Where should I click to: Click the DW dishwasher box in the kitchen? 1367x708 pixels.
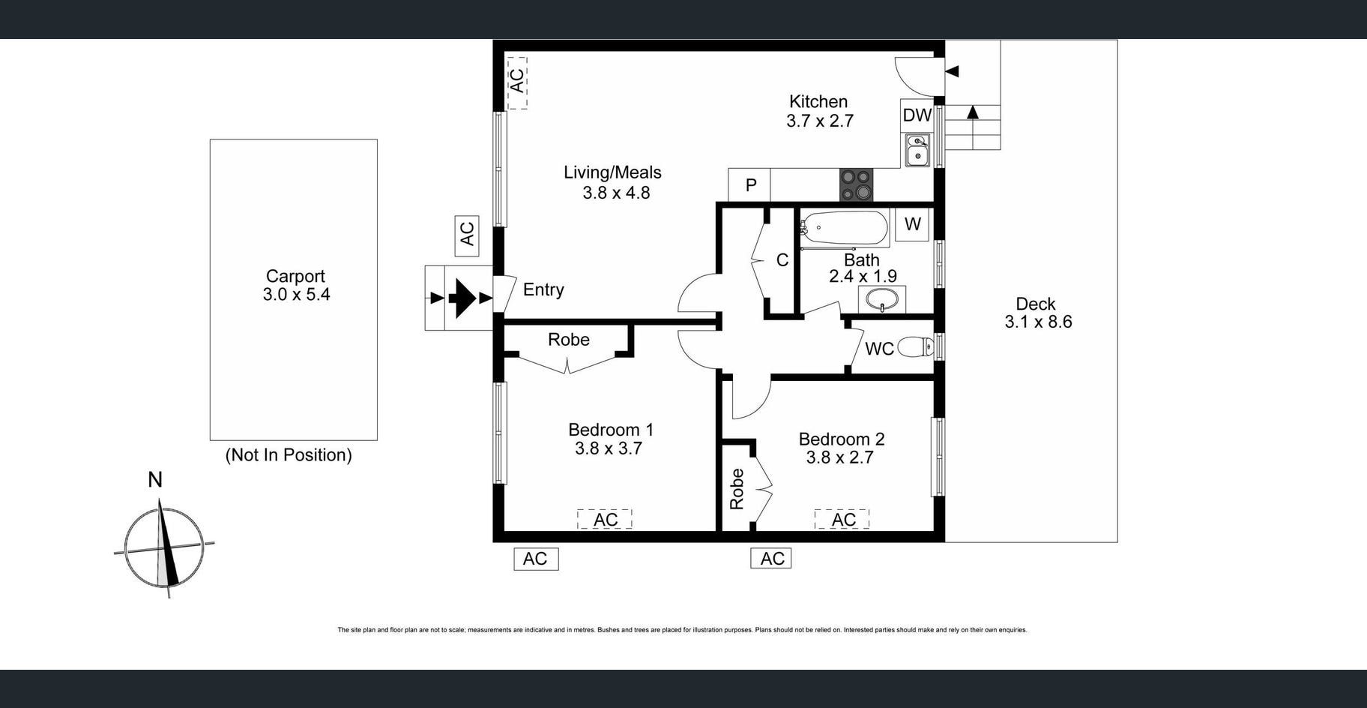(x=917, y=115)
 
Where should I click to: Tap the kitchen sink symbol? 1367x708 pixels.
(x=917, y=149)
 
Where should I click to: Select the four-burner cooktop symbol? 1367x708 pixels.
(x=856, y=184)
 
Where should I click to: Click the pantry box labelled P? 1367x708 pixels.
(x=749, y=185)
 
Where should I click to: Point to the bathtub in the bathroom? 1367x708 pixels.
(x=845, y=228)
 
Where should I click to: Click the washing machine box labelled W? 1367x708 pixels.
(x=912, y=224)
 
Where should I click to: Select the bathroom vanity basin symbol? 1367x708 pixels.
(x=882, y=300)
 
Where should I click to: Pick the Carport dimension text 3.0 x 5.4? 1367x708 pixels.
(x=296, y=295)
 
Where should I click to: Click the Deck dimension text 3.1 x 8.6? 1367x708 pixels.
(x=1038, y=322)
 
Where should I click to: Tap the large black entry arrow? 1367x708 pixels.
(x=462, y=298)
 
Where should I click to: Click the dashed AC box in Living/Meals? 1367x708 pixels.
(x=517, y=81)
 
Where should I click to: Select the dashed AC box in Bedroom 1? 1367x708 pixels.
(x=605, y=519)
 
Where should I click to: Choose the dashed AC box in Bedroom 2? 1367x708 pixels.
(x=842, y=519)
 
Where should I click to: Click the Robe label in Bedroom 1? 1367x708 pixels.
(x=569, y=340)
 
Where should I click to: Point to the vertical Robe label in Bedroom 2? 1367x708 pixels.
(x=737, y=489)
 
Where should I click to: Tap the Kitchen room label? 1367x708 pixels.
(x=818, y=101)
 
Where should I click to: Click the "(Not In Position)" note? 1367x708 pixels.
(x=289, y=455)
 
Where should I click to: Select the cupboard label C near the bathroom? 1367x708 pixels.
(x=782, y=260)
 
